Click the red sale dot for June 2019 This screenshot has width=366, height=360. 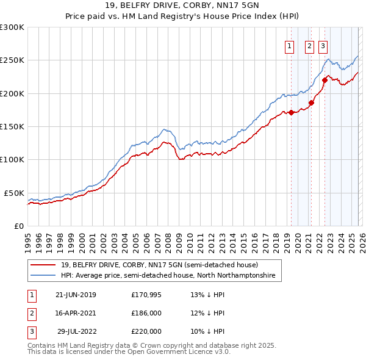(x=291, y=112)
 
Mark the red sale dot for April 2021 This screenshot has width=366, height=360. (x=311, y=103)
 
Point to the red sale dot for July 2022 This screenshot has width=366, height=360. (x=325, y=80)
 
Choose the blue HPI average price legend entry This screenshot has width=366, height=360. (x=168, y=276)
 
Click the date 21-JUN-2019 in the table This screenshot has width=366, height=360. (x=76, y=295)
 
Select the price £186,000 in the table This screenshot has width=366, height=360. (x=146, y=313)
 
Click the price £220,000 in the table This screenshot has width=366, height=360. (x=146, y=331)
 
